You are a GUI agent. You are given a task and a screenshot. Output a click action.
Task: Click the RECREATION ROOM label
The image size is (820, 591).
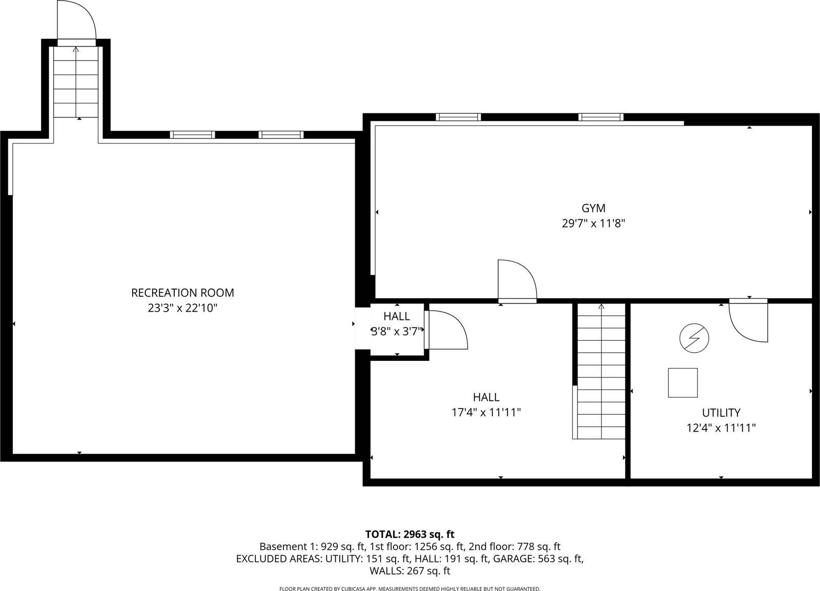182,293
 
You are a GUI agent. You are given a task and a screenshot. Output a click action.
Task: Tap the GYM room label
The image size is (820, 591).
593,208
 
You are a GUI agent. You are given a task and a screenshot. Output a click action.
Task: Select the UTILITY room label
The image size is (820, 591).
721,413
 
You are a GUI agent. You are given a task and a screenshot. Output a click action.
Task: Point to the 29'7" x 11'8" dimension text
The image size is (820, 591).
593,223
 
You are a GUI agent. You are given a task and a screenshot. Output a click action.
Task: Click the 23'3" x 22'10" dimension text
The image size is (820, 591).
182,308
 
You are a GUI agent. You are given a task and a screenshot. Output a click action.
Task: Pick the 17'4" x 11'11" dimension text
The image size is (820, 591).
486,412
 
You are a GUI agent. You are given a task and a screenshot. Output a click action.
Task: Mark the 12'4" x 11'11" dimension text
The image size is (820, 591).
721,428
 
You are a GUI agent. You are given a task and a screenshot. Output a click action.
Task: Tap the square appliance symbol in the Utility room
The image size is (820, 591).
683,382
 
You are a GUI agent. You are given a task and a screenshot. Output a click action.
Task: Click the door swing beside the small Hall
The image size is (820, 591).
447,330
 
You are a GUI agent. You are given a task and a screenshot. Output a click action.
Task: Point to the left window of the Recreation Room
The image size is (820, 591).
192,135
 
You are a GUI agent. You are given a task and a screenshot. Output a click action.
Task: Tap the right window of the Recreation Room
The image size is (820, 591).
281,135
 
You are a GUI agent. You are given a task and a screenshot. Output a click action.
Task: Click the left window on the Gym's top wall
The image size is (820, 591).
458,117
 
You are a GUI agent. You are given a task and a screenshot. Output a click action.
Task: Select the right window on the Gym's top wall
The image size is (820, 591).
601,117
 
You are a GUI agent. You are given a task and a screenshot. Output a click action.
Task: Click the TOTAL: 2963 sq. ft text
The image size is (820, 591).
409,535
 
